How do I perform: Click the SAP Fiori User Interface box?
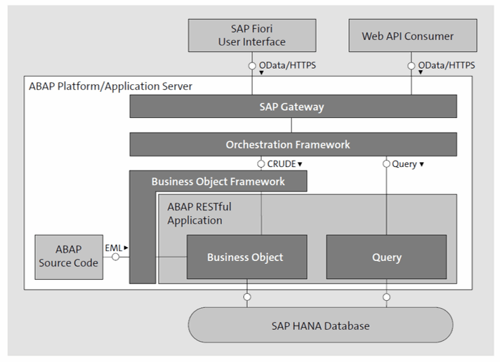252,35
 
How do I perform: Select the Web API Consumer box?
413,35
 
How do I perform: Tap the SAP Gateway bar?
293,107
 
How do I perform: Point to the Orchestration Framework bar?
293,145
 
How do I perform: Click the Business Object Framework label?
218,182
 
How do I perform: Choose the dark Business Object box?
246,257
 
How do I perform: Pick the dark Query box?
386,257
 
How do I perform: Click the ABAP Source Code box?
69,257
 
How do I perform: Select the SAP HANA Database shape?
320,325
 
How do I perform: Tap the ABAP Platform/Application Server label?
110,86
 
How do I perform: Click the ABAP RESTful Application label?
199,213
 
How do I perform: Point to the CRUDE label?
281,163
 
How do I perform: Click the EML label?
114,248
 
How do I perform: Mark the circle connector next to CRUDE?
261,163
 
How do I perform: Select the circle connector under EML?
115,257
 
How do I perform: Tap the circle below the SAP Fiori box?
252,66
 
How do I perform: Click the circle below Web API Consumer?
411,66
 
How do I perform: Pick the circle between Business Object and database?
246,297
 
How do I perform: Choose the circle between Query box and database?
386,297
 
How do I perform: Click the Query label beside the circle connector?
404,164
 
